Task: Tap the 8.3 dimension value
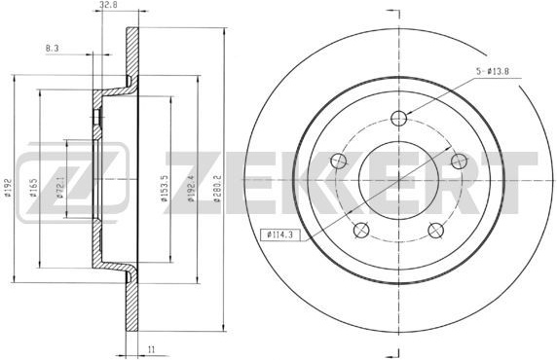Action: pyautogui.click(x=52, y=49)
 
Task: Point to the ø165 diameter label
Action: pyautogui.click(x=33, y=187)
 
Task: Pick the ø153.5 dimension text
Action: pyautogui.click(x=165, y=188)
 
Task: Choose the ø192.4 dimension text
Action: pyautogui.click(x=191, y=188)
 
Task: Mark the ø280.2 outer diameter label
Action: pyautogui.click(x=217, y=188)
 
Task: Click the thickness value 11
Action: pyautogui.click(x=152, y=349)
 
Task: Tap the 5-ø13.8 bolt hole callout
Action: pyautogui.click(x=493, y=71)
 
